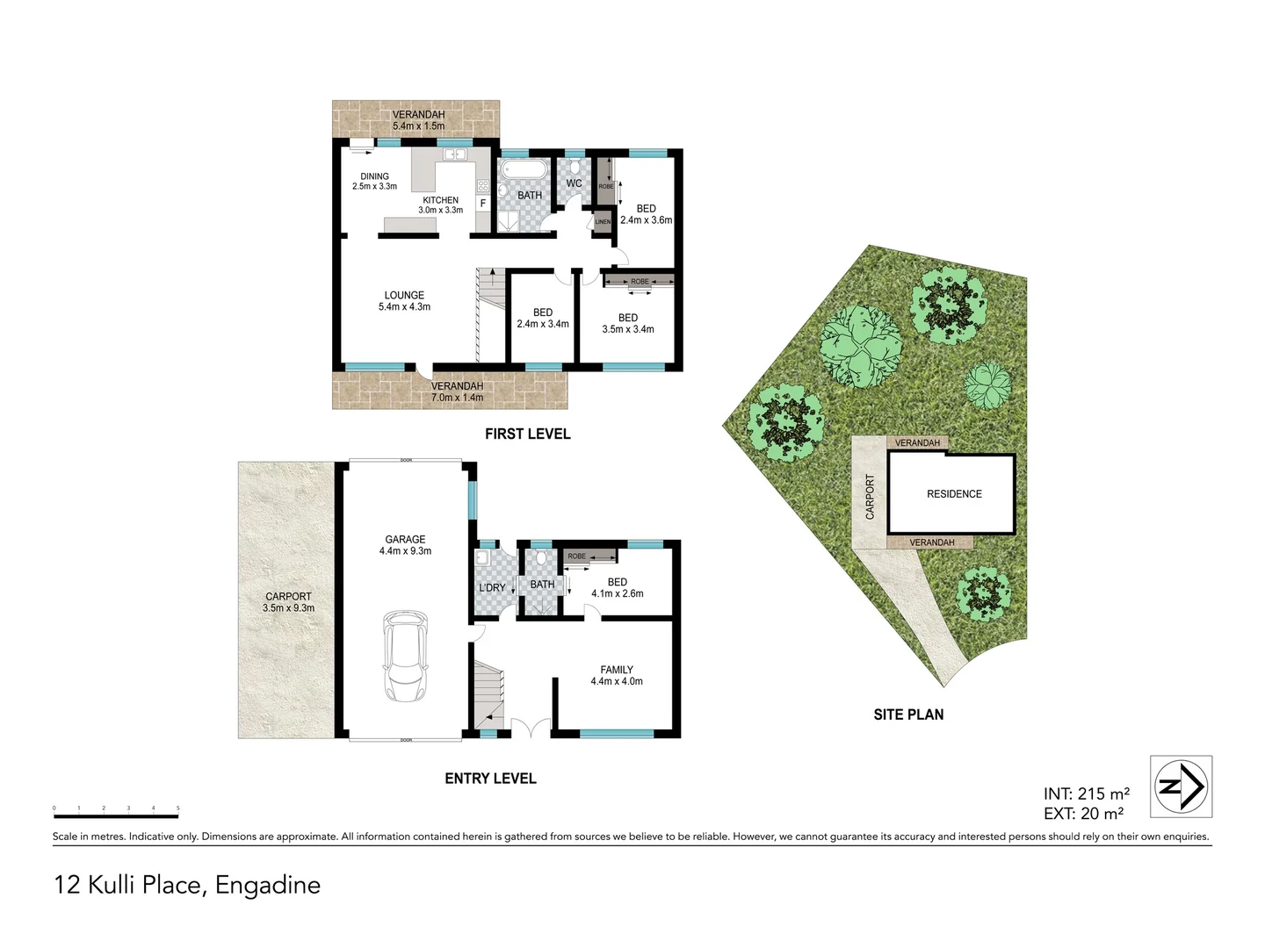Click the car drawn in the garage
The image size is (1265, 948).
(405, 657)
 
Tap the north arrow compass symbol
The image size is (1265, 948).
(1181, 786)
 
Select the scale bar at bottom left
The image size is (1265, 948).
(116, 815)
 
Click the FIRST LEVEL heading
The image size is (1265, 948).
(527, 434)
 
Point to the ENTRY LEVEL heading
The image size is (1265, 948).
(490, 779)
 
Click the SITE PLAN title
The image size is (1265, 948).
(908, 715)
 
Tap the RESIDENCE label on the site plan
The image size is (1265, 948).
(954, 494)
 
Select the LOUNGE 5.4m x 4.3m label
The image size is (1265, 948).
(404, 301)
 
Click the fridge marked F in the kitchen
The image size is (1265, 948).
(482, 204)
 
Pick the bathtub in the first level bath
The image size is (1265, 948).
(524, 169)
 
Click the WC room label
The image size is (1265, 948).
(574, 183)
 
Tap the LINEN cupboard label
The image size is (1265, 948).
(603, 222)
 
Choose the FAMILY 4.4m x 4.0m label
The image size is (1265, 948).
(617, 675)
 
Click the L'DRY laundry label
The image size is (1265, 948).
(492, 587)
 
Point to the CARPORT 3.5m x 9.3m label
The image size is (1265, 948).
(288, 602)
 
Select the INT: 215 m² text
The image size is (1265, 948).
(1087, 794)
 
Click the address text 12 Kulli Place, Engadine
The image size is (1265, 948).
(187, 885)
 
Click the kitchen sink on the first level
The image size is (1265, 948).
(454, 154)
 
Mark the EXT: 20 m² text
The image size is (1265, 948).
(1083, 814)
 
